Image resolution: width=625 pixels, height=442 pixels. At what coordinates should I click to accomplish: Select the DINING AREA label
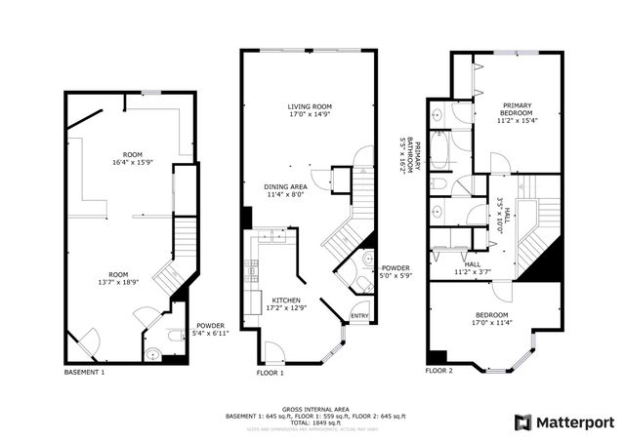pyautogui.click(x=287, y=185)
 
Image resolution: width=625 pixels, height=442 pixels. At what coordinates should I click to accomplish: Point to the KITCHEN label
pyautogui.click(x=286, y=300)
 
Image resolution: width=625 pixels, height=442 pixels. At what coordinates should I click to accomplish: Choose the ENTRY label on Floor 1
pyautogui.click(x=360, y=315)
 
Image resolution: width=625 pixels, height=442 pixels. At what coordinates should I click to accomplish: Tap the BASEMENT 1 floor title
pyautogui.click(x=84, y=372)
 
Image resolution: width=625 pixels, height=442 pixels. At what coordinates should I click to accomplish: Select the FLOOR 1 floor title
pyautogui.click(x=270, y=372)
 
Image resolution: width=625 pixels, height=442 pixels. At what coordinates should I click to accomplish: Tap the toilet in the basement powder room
pyautogui.click(x=173, y=337)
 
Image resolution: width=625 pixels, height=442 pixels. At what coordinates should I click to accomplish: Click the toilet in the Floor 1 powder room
pyautogui.click(x=365, y=259)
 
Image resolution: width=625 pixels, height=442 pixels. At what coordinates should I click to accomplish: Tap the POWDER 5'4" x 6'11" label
pyautogui.click(x=211, y=330)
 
